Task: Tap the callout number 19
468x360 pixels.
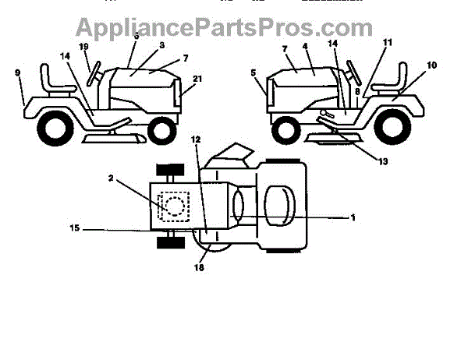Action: click(84, 47)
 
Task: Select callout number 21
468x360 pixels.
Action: click(197, 79)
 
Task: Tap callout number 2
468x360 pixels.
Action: click(112, 178)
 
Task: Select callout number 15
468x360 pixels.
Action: click(75, 229)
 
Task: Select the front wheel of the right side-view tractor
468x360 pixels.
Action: click(286, 129)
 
